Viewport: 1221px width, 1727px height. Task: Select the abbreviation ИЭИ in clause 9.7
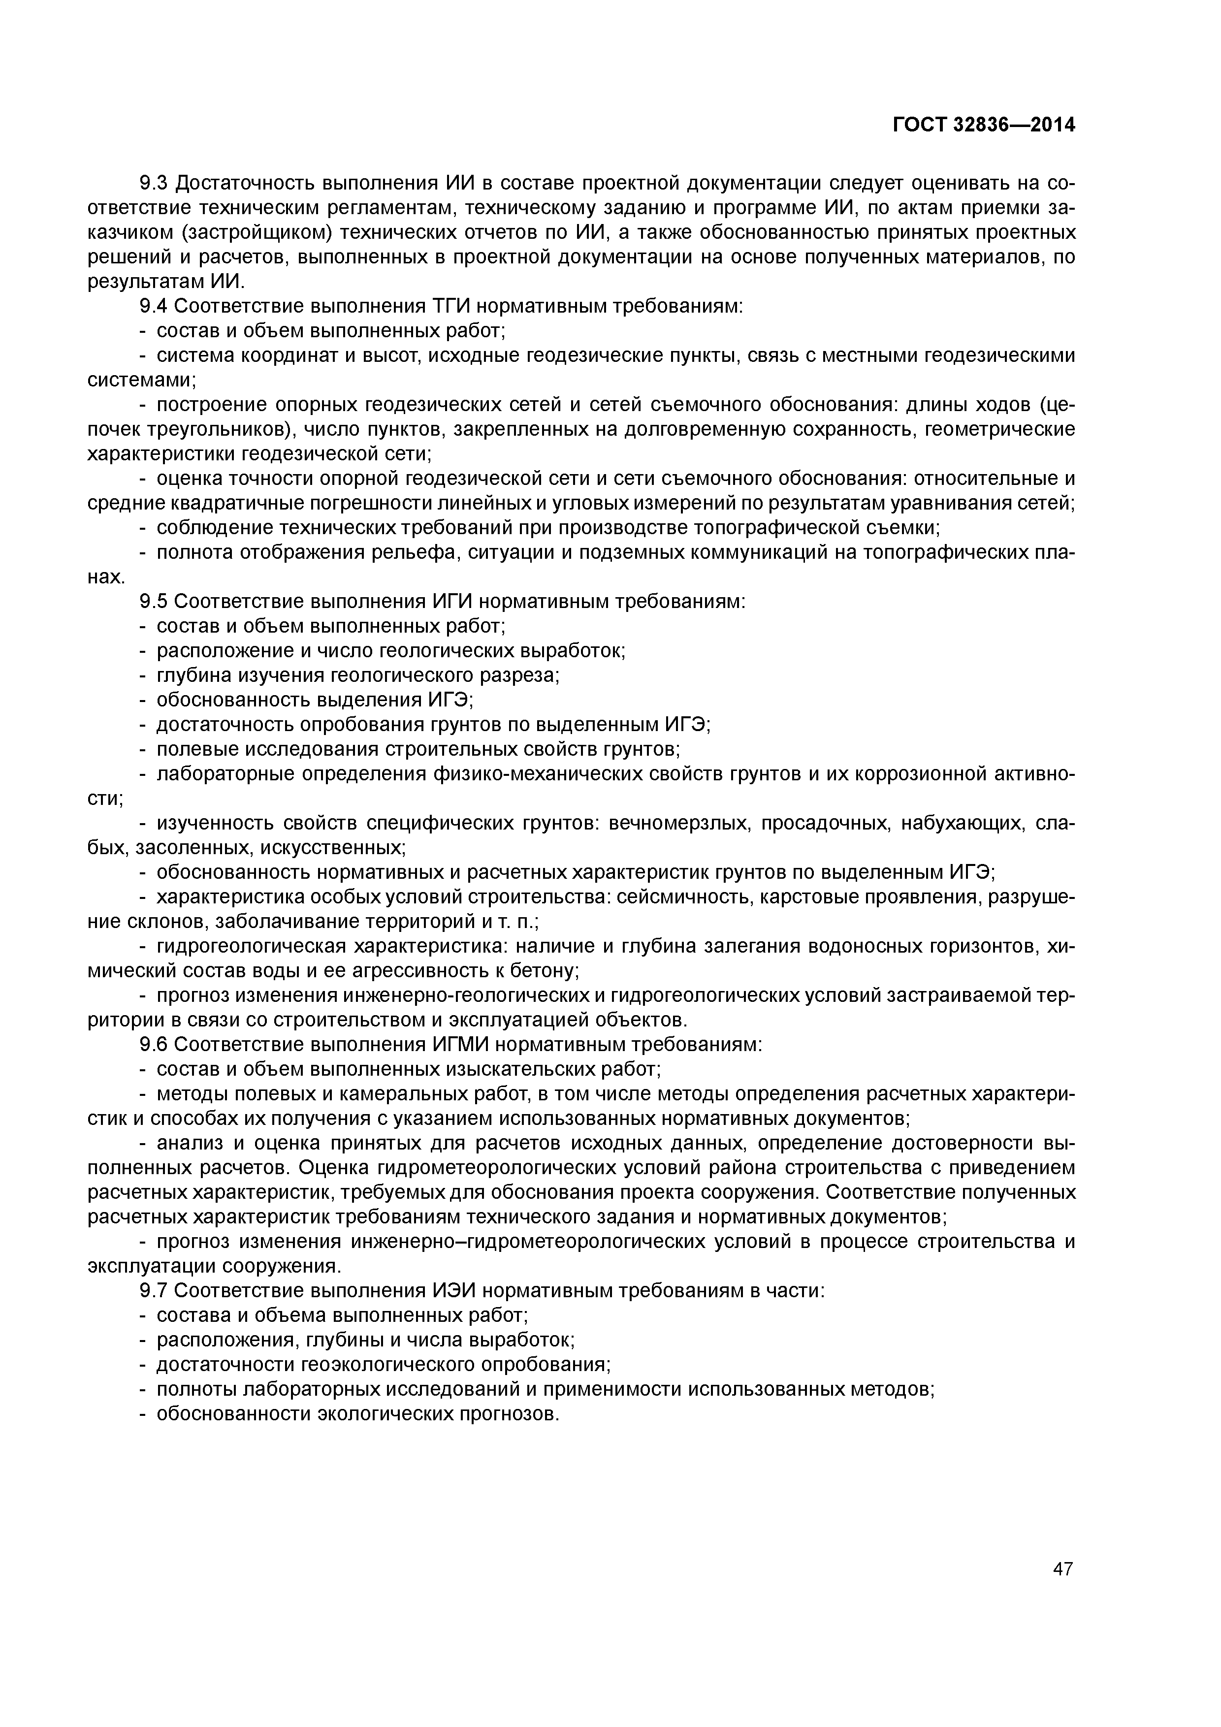453,1291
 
